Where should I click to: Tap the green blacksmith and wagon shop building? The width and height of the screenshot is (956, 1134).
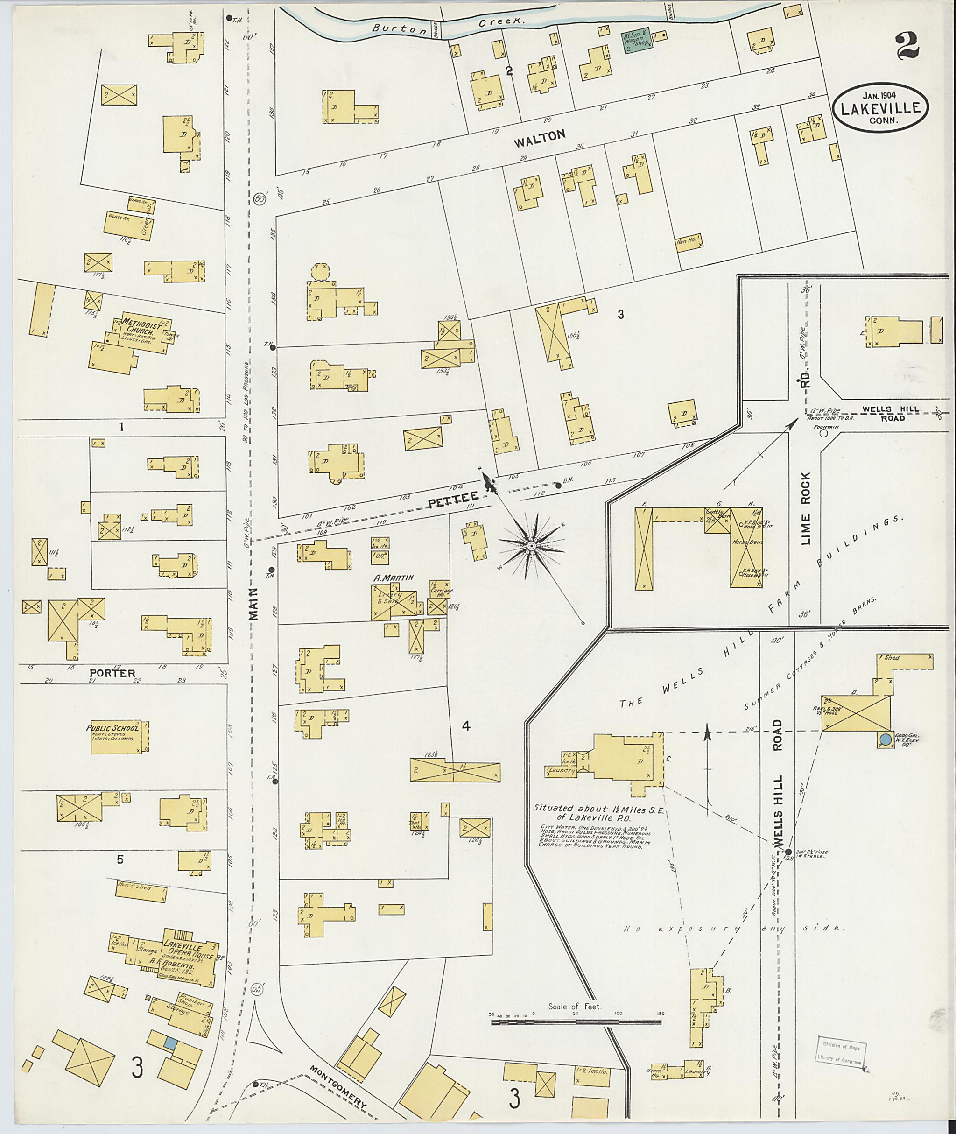636,41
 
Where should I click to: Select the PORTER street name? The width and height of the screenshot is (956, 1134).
112,673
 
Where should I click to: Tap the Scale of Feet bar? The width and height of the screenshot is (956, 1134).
576,1022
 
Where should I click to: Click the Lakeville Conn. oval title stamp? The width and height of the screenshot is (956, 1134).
881,107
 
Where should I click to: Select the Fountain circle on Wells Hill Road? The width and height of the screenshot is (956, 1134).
824,433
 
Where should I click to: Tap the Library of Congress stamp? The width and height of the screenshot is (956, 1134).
839,1052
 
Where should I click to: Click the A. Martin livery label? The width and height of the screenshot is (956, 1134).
394,578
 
